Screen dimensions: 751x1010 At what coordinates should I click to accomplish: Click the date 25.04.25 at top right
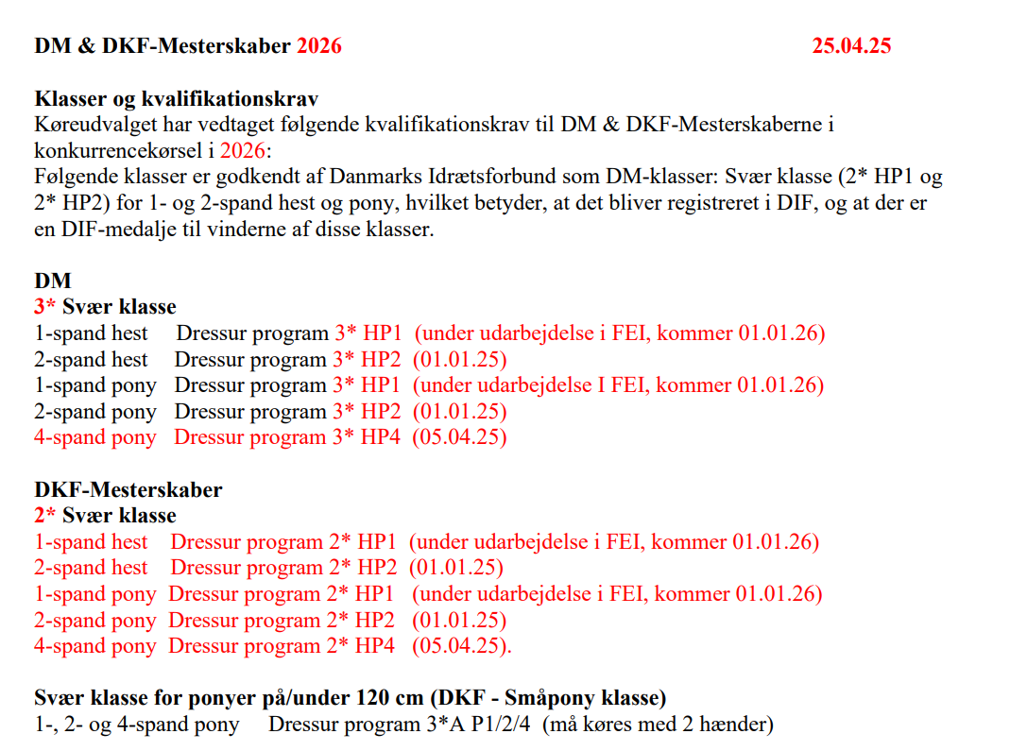[850, 45]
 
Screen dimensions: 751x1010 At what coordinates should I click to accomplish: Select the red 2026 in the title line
[318, 45]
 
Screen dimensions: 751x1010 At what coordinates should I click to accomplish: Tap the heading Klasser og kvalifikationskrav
[177, 98]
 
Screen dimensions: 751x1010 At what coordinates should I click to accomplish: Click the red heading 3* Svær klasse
[105, 306]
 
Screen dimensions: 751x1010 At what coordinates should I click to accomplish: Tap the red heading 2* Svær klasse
[105, 516]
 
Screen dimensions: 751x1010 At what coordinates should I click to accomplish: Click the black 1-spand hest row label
[91, 333]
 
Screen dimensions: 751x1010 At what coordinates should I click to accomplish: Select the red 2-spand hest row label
[91, 568]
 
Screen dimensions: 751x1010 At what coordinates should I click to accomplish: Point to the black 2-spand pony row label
[94, 411]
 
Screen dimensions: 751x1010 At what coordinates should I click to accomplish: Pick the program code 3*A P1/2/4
[467, 725]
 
